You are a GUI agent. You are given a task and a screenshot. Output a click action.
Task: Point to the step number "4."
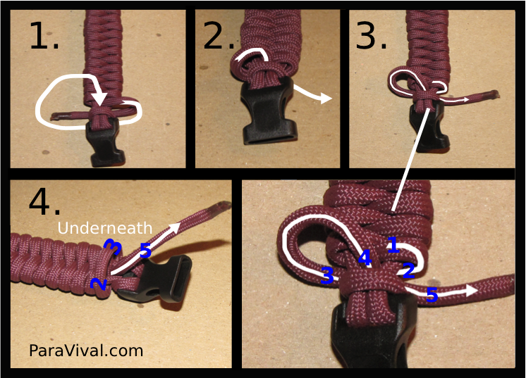[44, 202]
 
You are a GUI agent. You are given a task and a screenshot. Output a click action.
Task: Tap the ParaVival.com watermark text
[86, 350]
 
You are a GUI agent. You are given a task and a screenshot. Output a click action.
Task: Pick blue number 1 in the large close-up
[393, 245]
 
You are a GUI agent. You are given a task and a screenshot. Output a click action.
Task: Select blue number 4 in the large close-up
[364, 258]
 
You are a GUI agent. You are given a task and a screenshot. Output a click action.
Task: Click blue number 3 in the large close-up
[327, 275]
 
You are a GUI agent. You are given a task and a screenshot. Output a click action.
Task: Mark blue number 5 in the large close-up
[432, 296]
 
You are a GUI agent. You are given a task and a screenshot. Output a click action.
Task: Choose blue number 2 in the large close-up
[408, 270]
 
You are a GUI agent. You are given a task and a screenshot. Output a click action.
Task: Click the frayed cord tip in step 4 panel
[224, 206]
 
